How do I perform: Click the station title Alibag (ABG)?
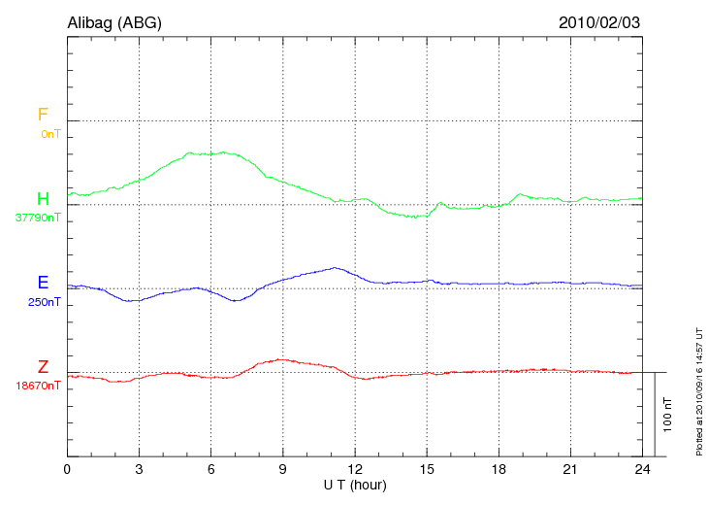point(114,21)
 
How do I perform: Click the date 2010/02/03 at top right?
point(600,21)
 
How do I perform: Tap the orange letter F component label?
point(43,115)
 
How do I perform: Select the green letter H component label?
point(43,199)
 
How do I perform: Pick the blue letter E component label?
point(43,283)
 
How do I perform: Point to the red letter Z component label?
point(43,367)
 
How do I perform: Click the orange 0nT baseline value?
point(50,133)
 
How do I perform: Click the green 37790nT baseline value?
point(38,218)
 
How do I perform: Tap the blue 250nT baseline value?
point(45,302)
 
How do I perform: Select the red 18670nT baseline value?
point(38,386)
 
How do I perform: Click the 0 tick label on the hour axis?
point(68,470)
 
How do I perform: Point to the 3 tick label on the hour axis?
point(140,470)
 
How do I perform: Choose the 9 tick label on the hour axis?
point(283,470)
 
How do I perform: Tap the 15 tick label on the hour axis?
point(427,470)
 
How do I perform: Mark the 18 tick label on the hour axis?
point(499,470)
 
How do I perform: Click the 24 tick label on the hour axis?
point(642,470)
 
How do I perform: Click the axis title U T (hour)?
point(355,485)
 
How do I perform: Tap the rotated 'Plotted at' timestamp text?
point(698,388)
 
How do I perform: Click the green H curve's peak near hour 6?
point(223,152)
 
